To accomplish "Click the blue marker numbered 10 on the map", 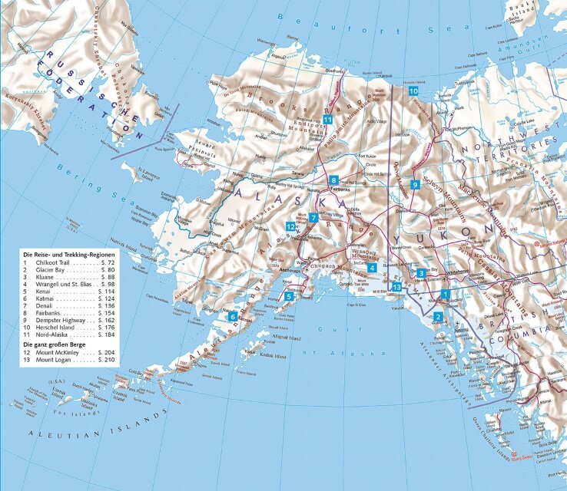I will coord(413,91).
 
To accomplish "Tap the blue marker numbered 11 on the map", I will coord(327,120).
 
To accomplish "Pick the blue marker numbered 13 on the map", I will coord(396,287).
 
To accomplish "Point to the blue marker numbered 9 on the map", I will coord(414,185).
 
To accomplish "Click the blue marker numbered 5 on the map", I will coord(289,296).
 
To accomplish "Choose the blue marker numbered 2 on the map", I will coord(438,317).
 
